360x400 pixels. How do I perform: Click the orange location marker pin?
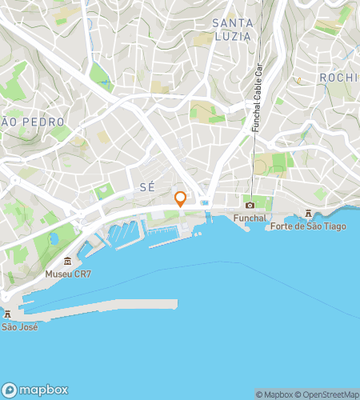point(180,198)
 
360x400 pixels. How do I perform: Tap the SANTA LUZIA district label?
point(233,30)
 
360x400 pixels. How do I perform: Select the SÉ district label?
point(146,186)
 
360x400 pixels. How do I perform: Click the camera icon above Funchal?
point(250,205)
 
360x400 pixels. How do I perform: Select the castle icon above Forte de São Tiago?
point(308,213)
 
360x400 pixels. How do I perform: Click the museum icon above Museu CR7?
point(68,262)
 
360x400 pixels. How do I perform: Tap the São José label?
point(19,326)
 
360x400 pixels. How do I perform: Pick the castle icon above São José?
point(8,314)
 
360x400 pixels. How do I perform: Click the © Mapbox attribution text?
point(274,394)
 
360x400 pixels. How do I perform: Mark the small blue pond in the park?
point(54,238)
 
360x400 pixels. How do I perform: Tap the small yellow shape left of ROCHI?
point(298,80)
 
